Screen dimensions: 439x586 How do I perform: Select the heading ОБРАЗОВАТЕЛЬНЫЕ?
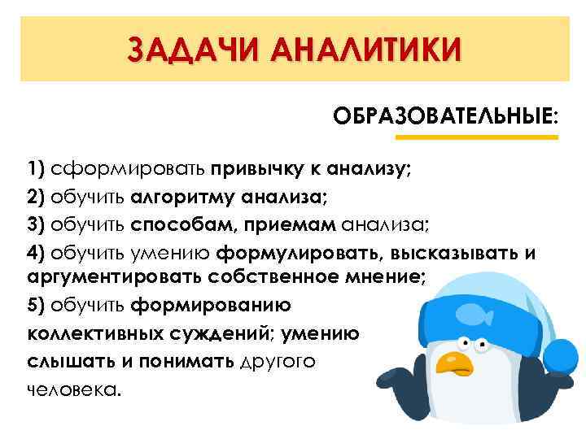pos(445,115)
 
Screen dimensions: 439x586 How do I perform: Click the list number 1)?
pos(35,170)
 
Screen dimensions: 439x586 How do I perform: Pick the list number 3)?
pos(35,224)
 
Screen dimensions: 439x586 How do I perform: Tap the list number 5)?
pos(35,305)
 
